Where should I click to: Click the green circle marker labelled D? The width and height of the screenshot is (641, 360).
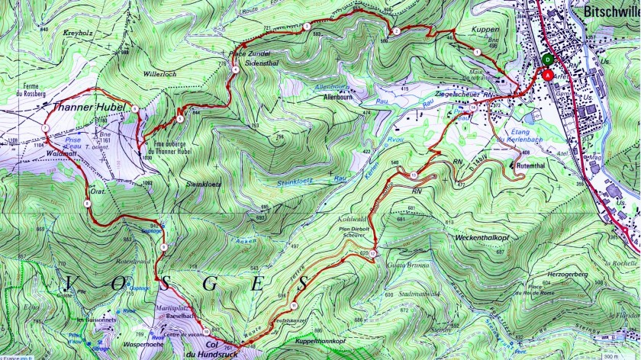point(546,59)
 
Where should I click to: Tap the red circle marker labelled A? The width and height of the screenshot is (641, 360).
point(546,74)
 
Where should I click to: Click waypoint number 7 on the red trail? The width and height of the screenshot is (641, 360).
point(46,127)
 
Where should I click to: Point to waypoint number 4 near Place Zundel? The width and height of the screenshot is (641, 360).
point(236,69)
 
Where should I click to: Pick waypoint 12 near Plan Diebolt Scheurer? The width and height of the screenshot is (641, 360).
point(373,252)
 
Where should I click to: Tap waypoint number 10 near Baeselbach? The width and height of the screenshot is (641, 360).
point(206,329)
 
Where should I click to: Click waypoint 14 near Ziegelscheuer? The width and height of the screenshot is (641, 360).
point(473,108)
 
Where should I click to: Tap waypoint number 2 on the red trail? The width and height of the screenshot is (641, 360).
point(396,31)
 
